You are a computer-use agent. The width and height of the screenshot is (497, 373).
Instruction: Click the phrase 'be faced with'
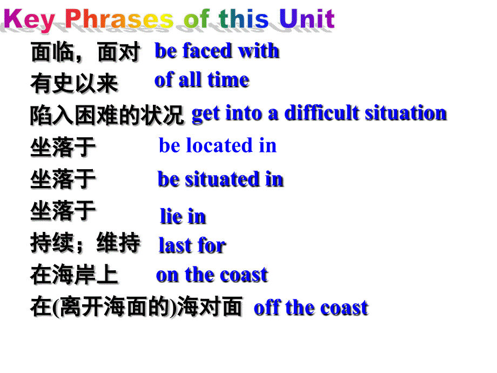tap(217, 51)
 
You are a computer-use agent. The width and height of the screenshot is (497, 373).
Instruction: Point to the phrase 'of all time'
tap(202, 80)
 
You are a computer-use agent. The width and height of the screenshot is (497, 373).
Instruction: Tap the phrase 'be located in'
tap(218, 145)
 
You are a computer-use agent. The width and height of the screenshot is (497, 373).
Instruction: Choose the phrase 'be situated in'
tap(220, 179)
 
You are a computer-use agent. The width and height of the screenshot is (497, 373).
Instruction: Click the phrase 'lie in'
tap(183, 216)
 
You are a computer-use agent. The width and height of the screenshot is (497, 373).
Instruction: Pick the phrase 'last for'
tap(192, 245)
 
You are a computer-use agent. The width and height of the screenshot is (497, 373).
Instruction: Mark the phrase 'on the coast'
tap(212, 275)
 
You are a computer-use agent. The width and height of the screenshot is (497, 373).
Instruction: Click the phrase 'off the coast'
tap(311, 308)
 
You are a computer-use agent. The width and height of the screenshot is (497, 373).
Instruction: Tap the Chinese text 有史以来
tap(74, 84)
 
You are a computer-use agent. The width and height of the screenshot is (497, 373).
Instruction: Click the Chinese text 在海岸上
tap(74, 276)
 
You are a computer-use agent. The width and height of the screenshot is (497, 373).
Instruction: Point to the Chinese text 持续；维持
tap(85, 244)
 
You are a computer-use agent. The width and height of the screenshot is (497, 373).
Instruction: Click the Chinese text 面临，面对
tap(85, 53)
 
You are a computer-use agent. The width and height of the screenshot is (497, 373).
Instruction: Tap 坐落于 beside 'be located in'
tap(63, 147)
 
